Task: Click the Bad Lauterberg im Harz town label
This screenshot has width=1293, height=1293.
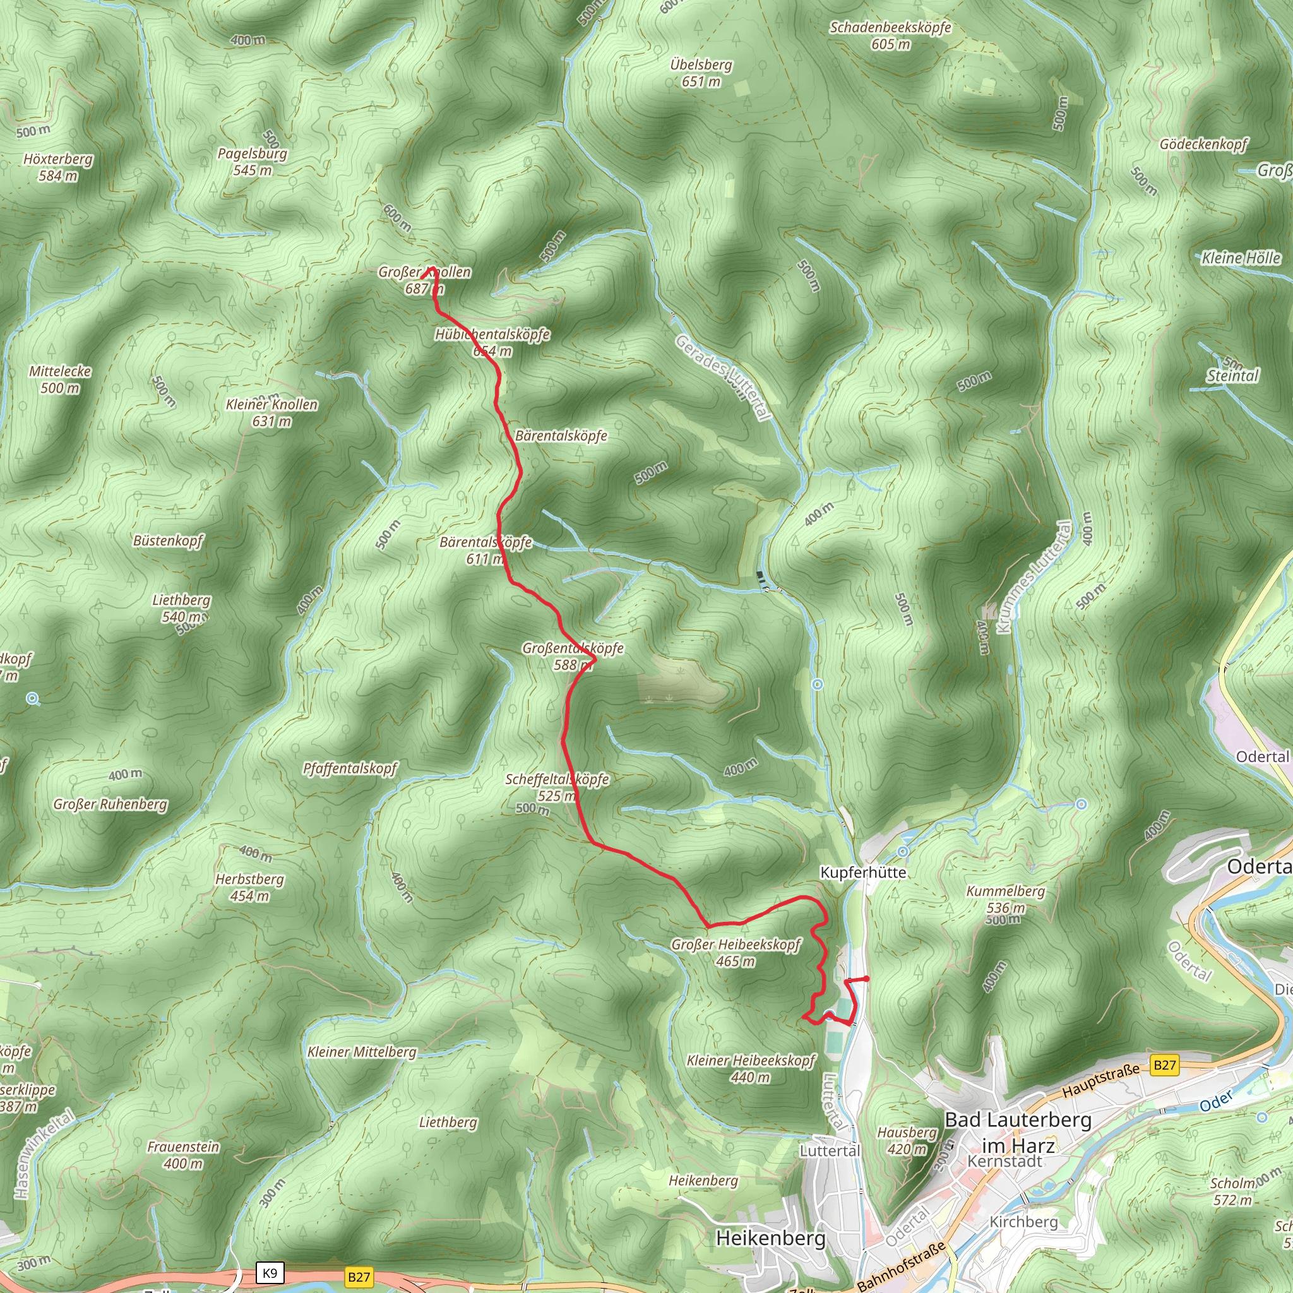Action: point(1017,1133)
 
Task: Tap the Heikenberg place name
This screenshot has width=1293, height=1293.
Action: point(770,1237)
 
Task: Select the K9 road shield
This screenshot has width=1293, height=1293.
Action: point(270,1273)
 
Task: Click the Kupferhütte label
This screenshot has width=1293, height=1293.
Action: point(862,873)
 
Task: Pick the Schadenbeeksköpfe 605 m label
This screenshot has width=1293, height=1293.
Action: point(890,35)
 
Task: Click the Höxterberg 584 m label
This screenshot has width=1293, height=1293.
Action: point(57,167)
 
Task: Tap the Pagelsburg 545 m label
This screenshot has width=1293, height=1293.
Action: point(253,161)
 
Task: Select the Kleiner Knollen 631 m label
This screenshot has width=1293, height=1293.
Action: point(271,412)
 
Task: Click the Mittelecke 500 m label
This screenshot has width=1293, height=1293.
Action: point(60,379)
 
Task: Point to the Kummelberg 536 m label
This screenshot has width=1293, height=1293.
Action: point(1005,899)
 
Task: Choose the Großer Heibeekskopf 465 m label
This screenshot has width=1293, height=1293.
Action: point(736,952)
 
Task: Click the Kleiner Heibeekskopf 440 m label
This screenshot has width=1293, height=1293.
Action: point(751,1069)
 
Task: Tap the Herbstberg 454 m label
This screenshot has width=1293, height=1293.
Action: point(249,888)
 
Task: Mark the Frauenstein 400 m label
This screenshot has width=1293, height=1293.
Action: point(183,1155)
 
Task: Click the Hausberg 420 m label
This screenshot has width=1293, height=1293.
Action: point(907,1140)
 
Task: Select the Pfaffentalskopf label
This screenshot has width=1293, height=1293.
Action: point(350,768)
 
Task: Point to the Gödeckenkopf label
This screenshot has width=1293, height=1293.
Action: point(1203,144)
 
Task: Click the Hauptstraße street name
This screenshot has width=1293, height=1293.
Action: point(1100,1081)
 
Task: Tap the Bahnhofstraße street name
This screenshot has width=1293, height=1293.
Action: point(901,1266)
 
